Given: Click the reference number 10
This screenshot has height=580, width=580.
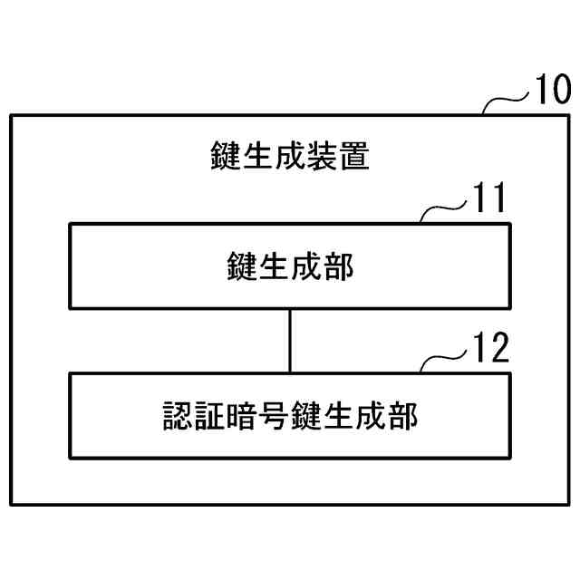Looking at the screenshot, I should pyautogui.click(x=550, y=92).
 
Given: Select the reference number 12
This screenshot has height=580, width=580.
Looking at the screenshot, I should pyautogui.click(x=490, y=349).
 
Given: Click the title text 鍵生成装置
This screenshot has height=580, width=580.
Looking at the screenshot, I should pyautogui.click(x=289, y=156).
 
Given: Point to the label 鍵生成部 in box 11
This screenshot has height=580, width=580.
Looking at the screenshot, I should pyautogui.click(x=289, y=267).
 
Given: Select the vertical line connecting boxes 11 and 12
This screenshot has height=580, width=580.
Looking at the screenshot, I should pyautogui.click(x=290, y=341).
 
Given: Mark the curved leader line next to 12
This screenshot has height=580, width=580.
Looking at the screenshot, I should pyautogui.click(x=444, y=360).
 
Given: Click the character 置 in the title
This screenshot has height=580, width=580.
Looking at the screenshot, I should pyautogui.click(x=355, y=156).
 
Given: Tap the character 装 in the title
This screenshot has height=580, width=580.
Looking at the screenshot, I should pyautogui.click(x=323, y=156).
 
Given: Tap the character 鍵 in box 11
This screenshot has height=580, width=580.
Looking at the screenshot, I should pyautogui.click(x=241, y=267).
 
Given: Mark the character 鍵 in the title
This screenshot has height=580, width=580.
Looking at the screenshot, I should pyautogui.click(x=224, y=156).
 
